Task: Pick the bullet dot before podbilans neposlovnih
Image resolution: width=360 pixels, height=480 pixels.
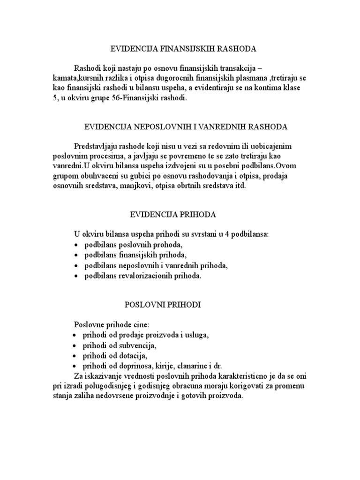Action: coord(76,266)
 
